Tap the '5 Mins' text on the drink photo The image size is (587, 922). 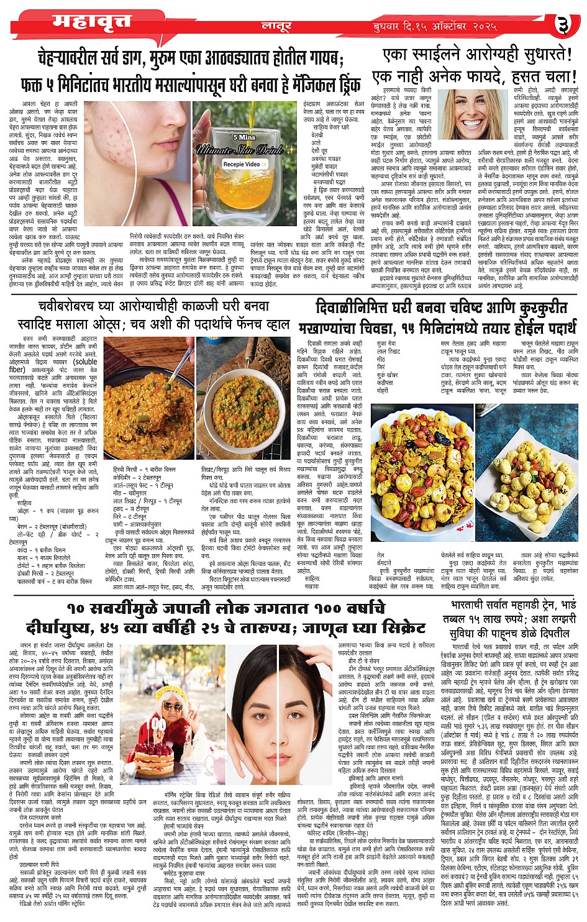243,137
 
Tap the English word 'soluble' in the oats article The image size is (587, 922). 85,362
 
